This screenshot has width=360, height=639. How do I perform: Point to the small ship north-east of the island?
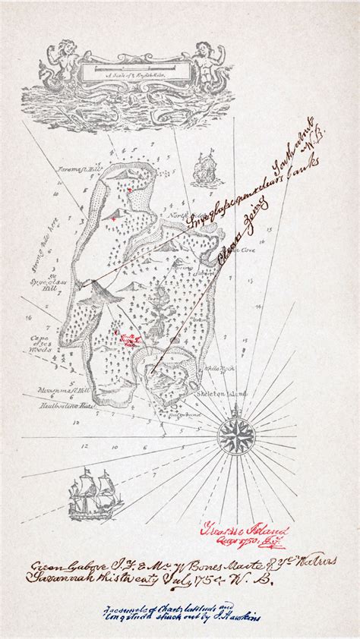pos(204,166)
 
